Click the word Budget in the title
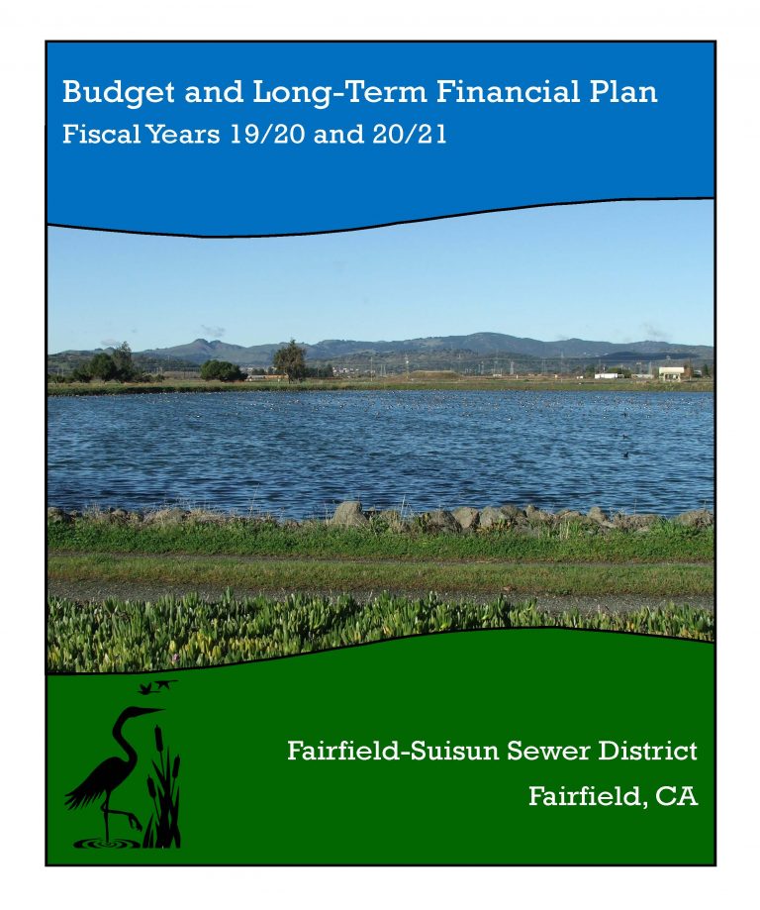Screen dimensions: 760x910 point(119,93)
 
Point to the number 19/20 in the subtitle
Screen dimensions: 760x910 point(267,135)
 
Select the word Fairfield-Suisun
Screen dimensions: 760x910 point(393,751)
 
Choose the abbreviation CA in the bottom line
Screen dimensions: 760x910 point(677,796)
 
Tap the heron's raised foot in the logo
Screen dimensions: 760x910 point(136,823)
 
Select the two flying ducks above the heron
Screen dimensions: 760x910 point(157,686)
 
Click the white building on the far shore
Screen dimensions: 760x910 point(671,373)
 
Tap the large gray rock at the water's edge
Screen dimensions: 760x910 point(348,514)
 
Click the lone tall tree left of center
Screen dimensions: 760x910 point(290,360)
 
